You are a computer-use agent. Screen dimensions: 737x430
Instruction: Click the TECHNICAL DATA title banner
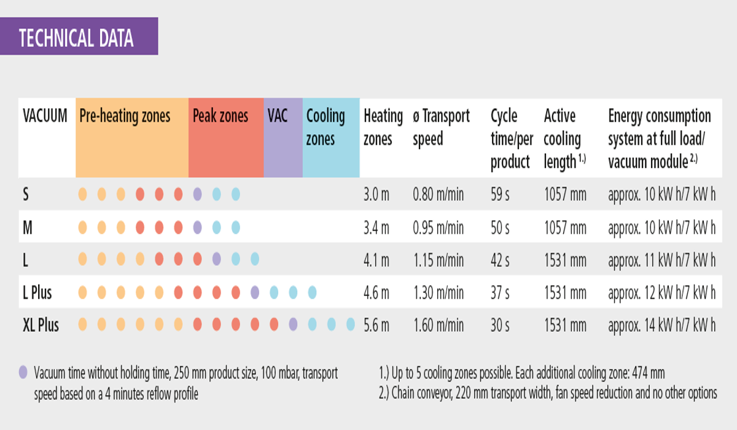tap(79, 36)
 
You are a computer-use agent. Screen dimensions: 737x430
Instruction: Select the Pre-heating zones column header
tap(125, 116)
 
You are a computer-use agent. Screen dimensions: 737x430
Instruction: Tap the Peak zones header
tap(220, 116)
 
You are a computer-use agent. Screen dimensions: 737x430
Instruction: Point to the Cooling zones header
tap(326, 127)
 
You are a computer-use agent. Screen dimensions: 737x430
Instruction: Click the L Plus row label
tap(37, 292)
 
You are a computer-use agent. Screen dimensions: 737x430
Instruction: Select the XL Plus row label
tap(41, 325)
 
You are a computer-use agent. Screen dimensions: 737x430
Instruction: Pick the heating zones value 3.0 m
tap(376, 194)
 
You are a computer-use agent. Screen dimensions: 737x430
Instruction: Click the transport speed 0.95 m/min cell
tap(439, 228)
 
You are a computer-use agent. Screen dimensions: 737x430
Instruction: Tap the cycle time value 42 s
tap(500, 260)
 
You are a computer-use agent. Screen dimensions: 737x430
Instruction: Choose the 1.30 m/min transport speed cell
tap(439, 292)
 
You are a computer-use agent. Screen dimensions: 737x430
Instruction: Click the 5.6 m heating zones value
tap(376, 326)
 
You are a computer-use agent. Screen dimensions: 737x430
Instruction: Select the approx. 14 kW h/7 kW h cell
tap(661, 326)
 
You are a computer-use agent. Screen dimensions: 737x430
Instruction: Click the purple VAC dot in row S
tap(197, 194)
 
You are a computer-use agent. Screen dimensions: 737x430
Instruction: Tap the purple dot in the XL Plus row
tap(293, 324)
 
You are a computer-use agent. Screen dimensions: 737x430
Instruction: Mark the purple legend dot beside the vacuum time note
tap(23, 372)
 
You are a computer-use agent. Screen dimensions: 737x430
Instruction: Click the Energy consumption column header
tap(660, 138)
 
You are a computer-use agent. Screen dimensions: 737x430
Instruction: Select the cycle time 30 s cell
tap(500, 326)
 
